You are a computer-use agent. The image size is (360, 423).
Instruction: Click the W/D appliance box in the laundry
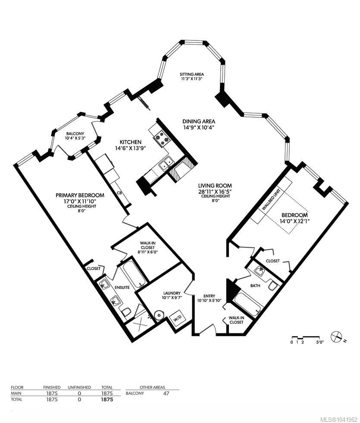coord(177,319)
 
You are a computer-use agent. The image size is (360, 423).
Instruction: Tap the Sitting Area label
coord(192,74)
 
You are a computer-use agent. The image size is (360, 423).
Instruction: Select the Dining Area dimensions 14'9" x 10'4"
coord(199,128)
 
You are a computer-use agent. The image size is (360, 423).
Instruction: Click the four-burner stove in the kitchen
coord(162,137)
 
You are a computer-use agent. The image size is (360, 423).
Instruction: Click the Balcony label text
coord(75,134)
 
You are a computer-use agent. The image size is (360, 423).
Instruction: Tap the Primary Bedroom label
coord(80,195)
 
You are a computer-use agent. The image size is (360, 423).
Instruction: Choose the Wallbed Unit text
coord(271,199)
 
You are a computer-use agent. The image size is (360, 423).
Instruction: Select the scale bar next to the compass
coord(306,337)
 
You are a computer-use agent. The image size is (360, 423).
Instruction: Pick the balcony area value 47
coord(166,393)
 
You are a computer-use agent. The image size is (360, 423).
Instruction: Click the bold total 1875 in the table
coord(107,400)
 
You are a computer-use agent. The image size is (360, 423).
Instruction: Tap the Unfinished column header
coord(79,387)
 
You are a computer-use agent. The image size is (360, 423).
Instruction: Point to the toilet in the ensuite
coord(126,312)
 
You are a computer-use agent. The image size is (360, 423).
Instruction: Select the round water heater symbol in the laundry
coord(159,314)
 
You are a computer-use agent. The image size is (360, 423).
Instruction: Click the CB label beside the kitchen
coord(119,193)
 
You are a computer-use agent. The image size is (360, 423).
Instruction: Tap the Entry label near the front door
coord(209,296)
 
